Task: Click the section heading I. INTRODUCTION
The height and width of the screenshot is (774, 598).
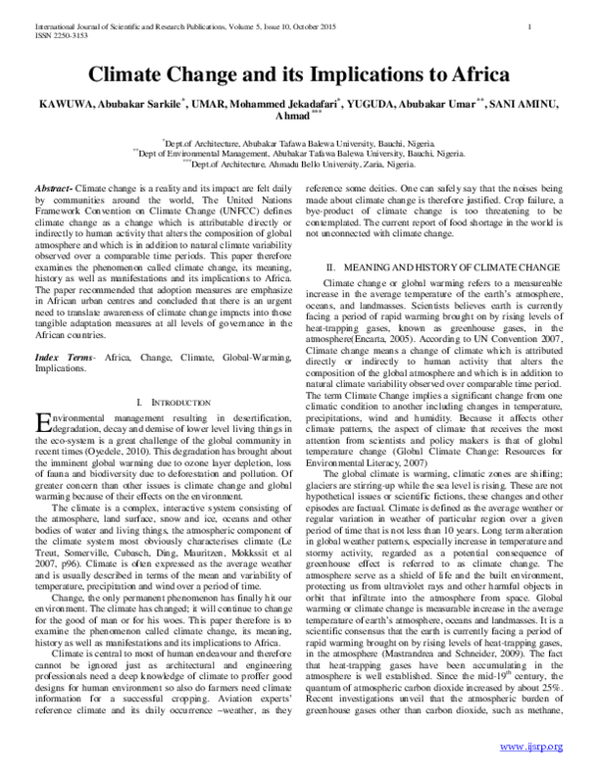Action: coord(163,372)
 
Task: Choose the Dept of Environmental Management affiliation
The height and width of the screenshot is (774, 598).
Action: coord(298,155)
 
